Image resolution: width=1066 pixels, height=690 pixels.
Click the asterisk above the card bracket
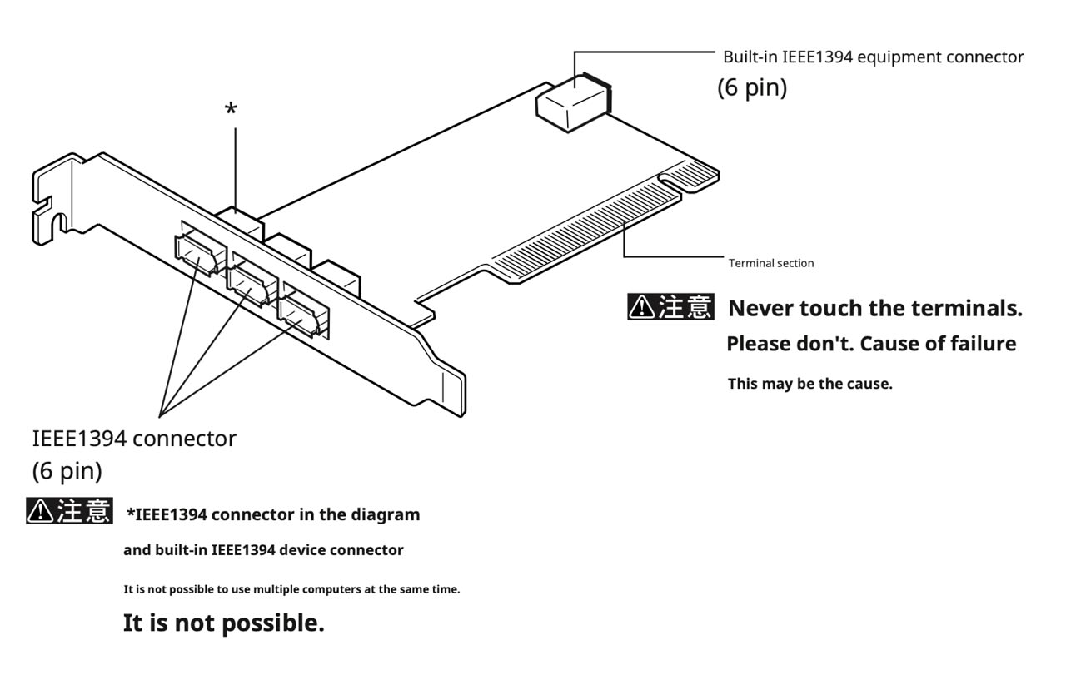232,109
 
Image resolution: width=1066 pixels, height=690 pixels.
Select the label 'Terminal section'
771,263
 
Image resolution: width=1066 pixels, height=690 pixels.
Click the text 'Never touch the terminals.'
874,308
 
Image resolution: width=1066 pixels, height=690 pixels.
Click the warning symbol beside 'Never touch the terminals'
641,308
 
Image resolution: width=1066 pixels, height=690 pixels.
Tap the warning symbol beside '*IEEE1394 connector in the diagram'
40,511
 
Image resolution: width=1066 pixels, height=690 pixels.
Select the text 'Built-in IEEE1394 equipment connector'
873,57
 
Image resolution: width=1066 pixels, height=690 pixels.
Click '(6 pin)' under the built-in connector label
752,87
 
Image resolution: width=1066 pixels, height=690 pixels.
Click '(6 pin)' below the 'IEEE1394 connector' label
67,470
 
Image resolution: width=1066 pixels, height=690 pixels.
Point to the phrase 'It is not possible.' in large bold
223,623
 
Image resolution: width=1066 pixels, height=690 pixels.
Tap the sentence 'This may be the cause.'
809,384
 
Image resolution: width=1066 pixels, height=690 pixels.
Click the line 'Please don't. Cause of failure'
871,343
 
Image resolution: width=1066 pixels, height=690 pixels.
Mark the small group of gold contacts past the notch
690,176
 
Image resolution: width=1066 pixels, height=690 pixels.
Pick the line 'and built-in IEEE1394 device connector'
263,550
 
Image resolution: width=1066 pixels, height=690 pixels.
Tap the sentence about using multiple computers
291,589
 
